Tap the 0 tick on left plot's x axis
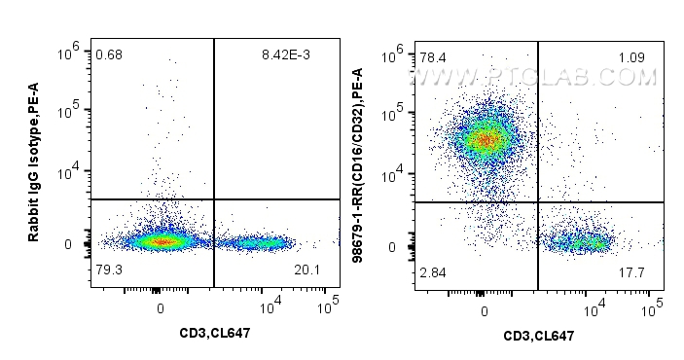point(161,307)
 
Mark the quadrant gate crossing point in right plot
point(538,201)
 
